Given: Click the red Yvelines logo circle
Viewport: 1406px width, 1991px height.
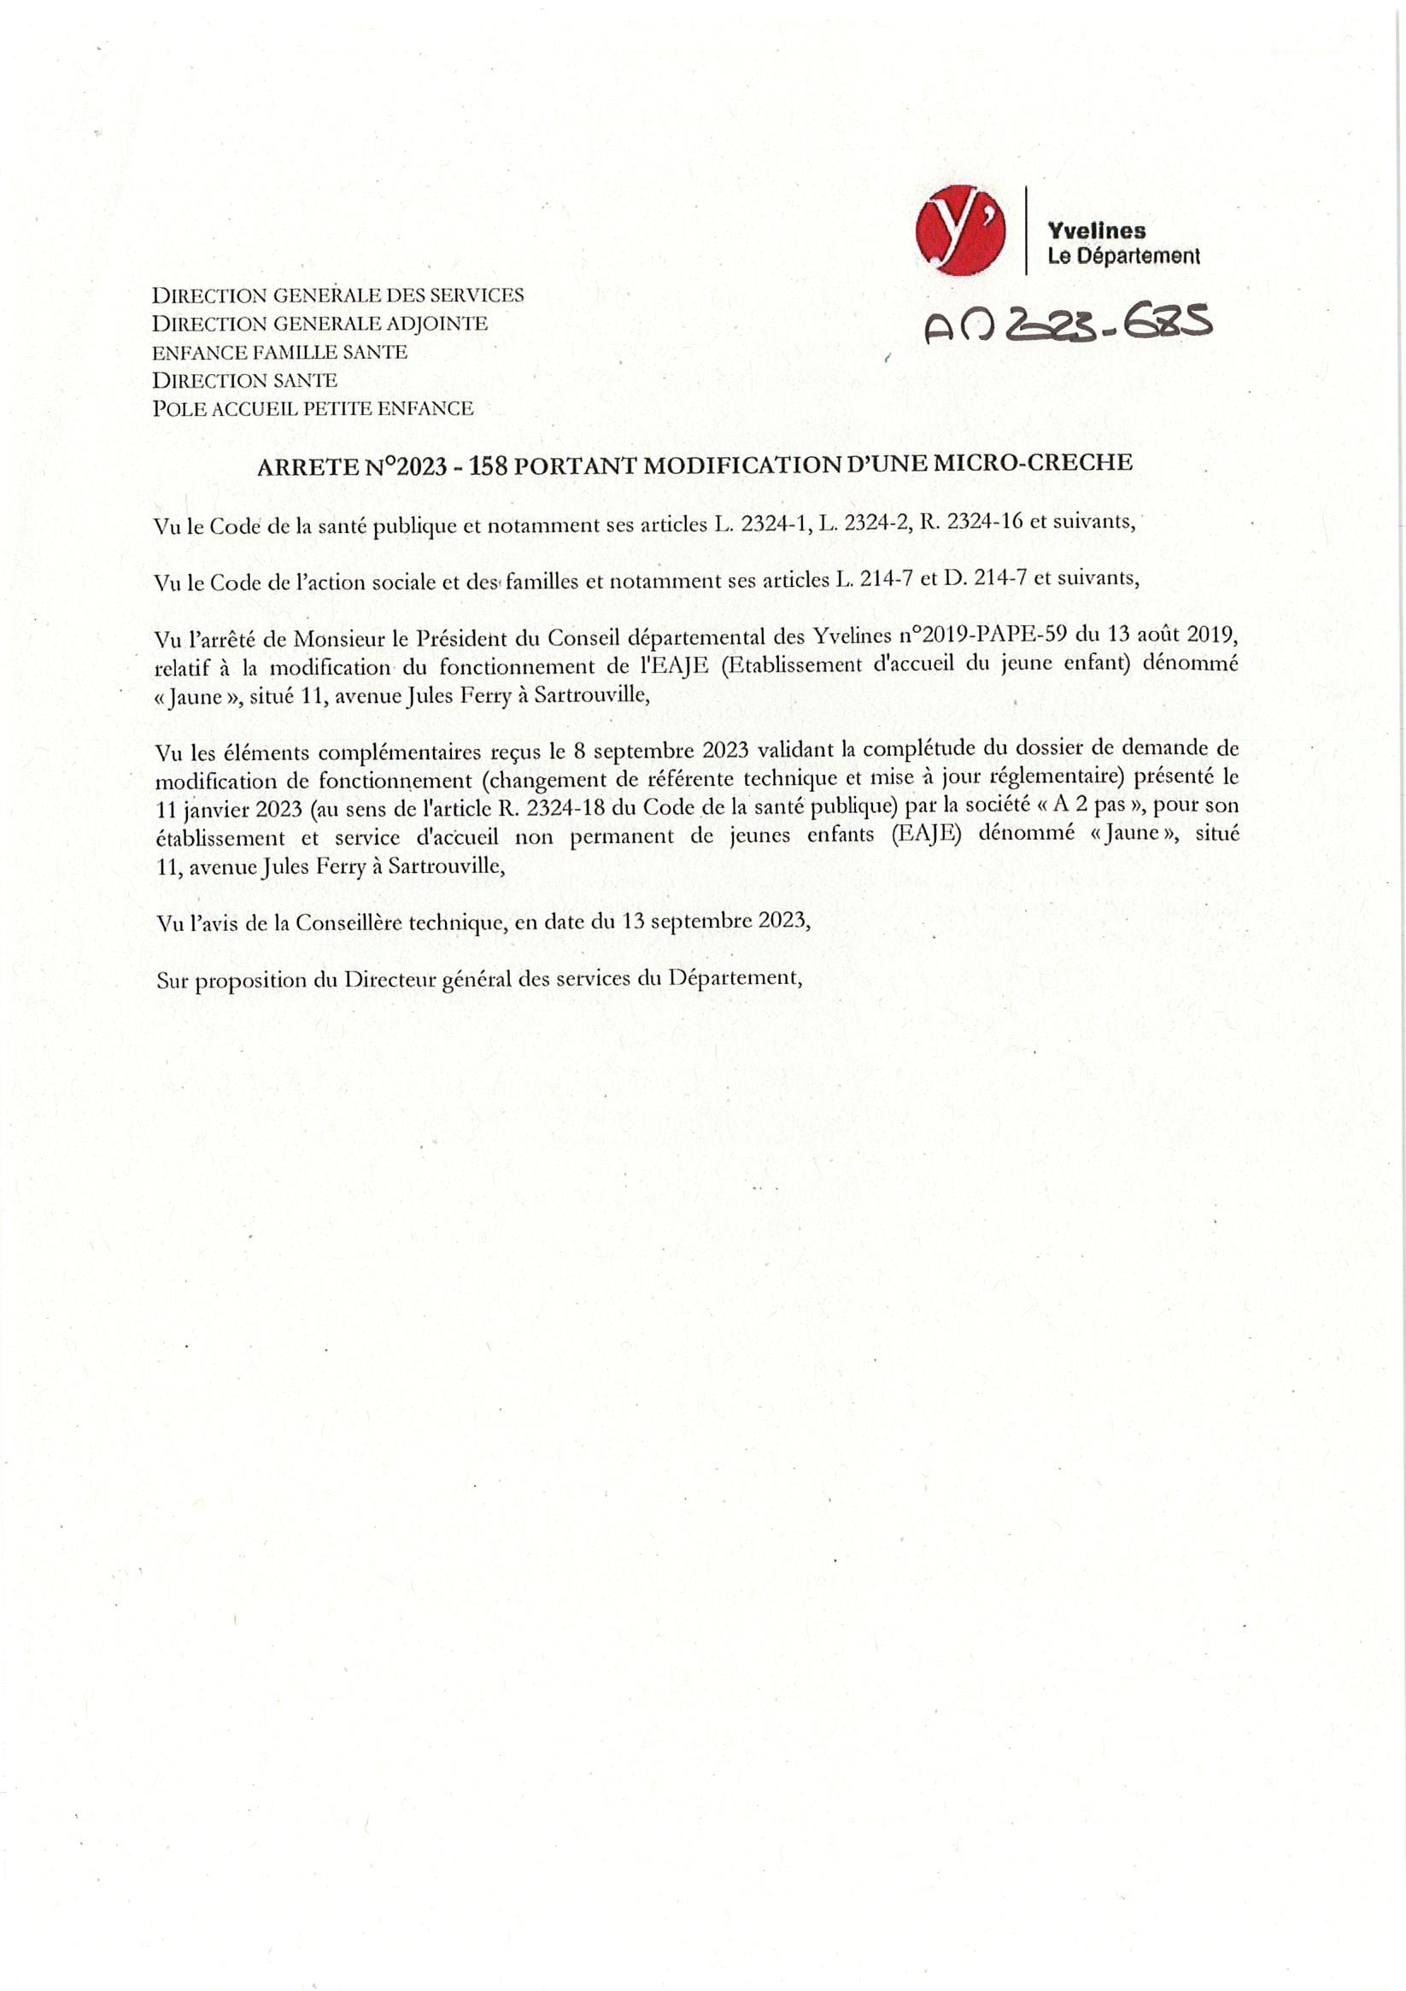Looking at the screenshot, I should [960, 231].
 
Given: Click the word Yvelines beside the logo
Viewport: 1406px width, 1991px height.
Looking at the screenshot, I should [1096, 231].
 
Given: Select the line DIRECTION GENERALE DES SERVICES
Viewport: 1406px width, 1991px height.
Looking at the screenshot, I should [337, 295].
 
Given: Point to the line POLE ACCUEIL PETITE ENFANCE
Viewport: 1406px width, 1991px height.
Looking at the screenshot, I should [313, 408].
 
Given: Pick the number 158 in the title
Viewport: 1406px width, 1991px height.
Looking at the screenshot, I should [489, 466].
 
